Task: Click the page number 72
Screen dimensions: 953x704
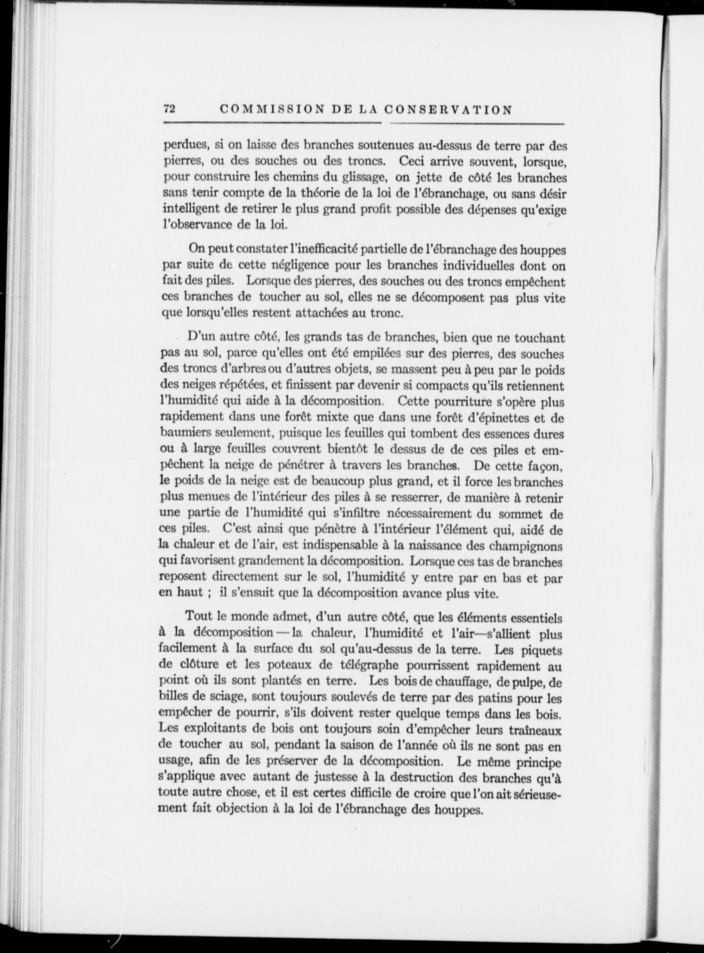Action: point(169,109)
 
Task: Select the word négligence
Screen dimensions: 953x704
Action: point(295,265)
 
